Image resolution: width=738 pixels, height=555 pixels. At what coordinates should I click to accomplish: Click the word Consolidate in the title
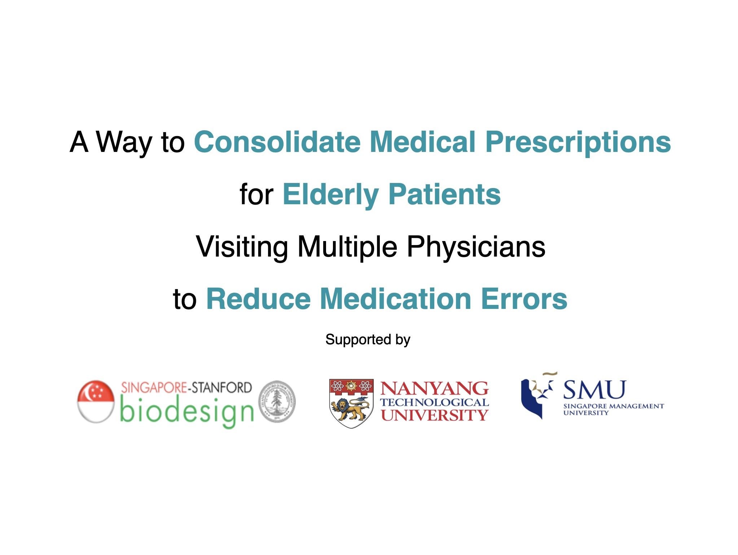click(277, 142)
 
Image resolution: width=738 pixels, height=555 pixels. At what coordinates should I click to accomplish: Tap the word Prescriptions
click(578, 143)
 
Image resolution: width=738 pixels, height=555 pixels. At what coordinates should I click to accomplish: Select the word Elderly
click(330, 195)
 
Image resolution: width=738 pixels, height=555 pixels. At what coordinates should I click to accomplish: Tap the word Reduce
click(258, 299)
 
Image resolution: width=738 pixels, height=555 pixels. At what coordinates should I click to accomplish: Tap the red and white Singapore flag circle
click(96, 401)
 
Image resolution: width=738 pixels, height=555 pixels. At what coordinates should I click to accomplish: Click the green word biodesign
click(187, 412)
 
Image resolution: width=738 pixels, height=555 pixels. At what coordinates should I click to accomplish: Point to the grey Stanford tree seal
click(277, 402)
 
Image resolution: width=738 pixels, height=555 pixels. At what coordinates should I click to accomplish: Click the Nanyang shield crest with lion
click(351, 403)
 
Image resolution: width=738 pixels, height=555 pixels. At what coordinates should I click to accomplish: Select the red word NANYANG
click(435, 389)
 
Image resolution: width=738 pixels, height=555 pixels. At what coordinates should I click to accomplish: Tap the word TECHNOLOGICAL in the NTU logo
click(435, 402)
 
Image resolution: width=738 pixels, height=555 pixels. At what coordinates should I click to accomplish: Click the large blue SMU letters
click(594, 390)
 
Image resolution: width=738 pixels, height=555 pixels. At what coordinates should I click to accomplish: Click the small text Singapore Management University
click(614, 410)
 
